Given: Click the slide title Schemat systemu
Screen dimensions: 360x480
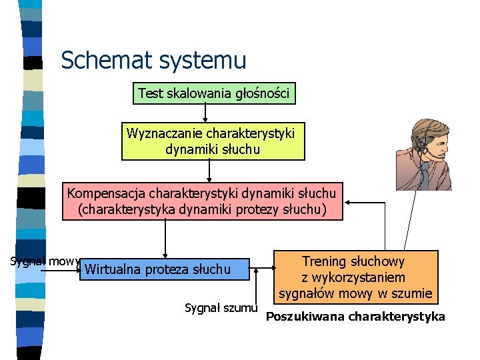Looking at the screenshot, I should click(153, 61).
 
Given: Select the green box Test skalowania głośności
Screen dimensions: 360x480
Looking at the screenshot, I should click(214, 94).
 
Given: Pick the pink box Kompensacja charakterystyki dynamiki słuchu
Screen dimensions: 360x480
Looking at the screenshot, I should click(202, 201).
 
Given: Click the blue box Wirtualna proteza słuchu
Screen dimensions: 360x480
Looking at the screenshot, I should click(164, 269).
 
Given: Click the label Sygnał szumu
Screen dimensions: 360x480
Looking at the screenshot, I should click(221, 307).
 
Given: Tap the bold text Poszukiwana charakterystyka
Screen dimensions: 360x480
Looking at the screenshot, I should click(355, 316).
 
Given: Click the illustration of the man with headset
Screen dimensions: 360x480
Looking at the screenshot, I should click(423, 155).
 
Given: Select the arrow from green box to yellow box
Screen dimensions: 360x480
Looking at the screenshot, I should click(209, 113).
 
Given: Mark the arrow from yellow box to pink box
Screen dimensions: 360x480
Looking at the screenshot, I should click(209, 171).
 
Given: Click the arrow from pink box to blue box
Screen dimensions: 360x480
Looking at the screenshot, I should click(165, 239).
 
